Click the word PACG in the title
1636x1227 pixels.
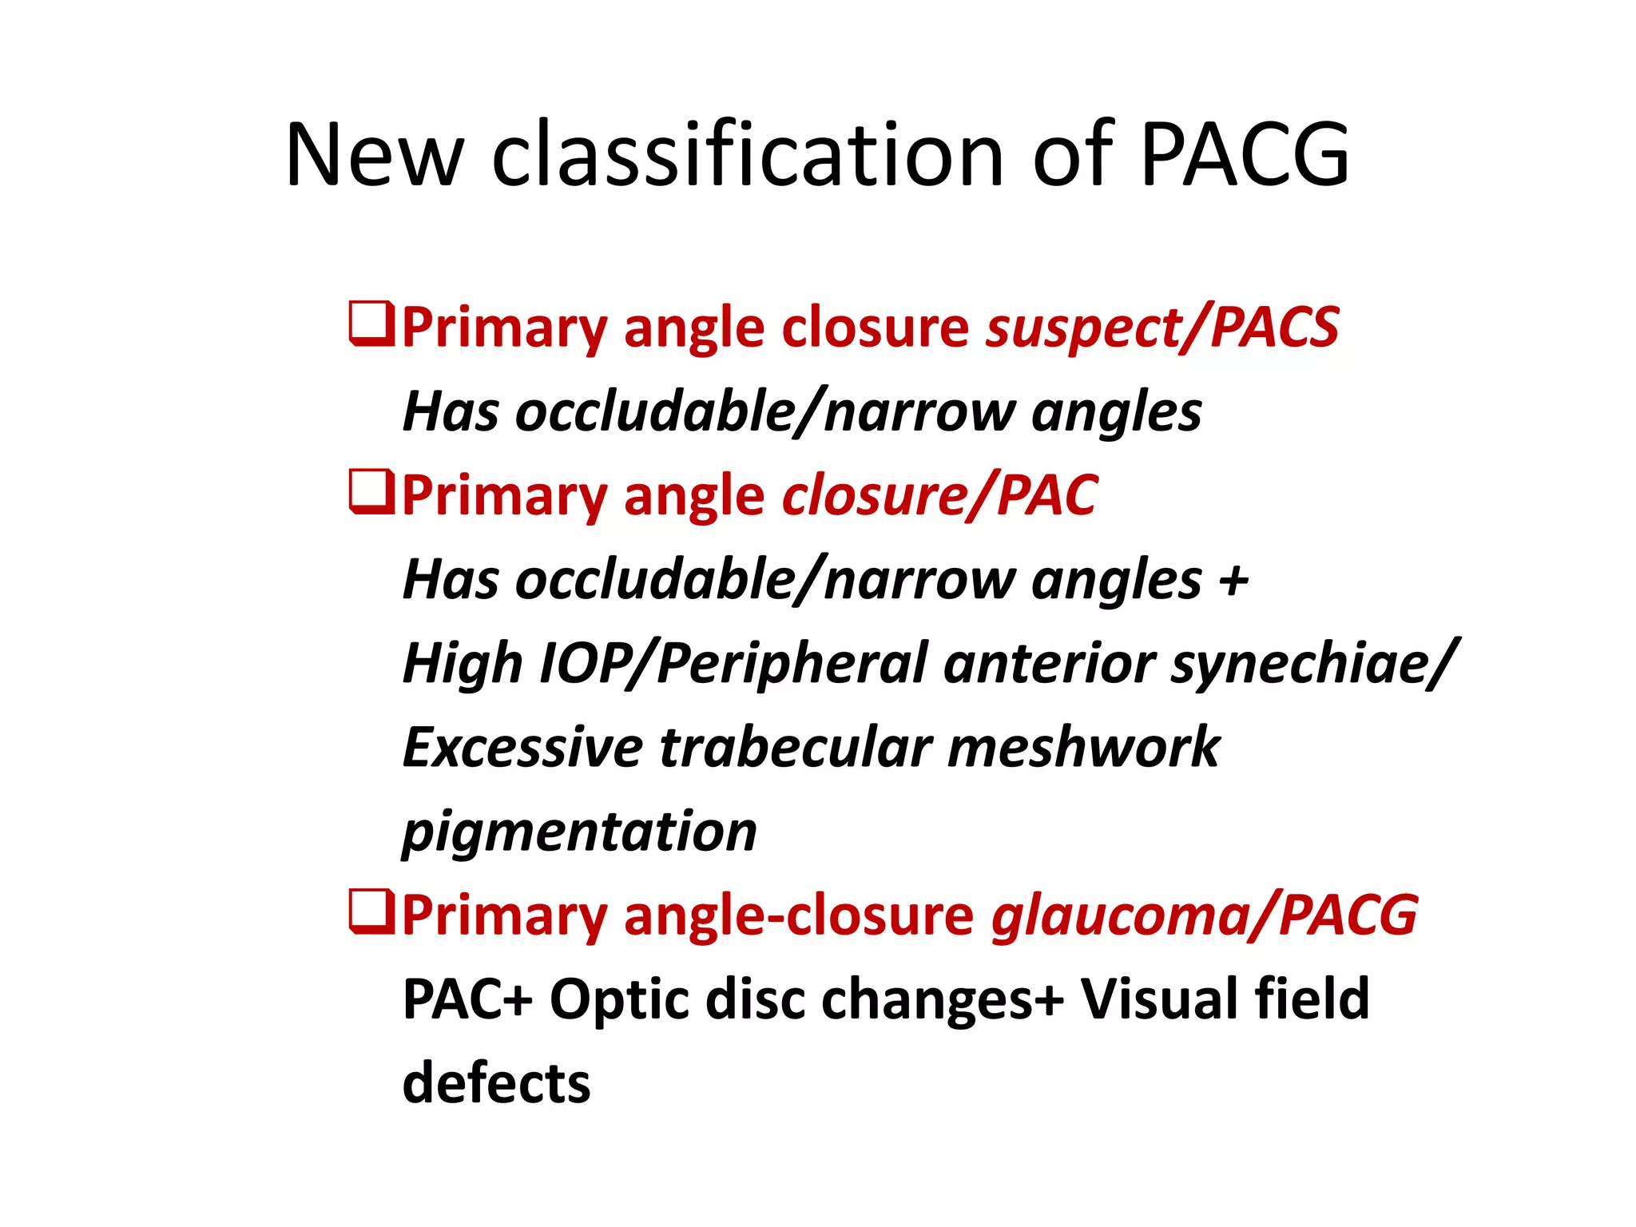coord(1244,154)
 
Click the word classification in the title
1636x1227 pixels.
coord(747,154)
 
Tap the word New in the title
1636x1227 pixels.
coord(374,154)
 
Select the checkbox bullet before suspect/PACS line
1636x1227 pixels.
coord(371,324)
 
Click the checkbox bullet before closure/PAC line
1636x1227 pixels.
coord(371,491)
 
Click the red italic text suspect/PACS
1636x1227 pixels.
coord(1162,328)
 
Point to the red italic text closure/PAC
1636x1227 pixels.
coord(939,495)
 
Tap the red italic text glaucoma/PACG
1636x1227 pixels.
coord(1204,915)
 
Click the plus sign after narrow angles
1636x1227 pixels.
coord(1233,580)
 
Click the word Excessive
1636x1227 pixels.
coord(522,748)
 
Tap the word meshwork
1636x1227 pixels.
coord(1084,748)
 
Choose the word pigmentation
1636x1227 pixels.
coord(579,832)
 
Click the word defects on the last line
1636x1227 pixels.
coord(496,1083)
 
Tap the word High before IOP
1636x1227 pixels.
coord(463,665)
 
